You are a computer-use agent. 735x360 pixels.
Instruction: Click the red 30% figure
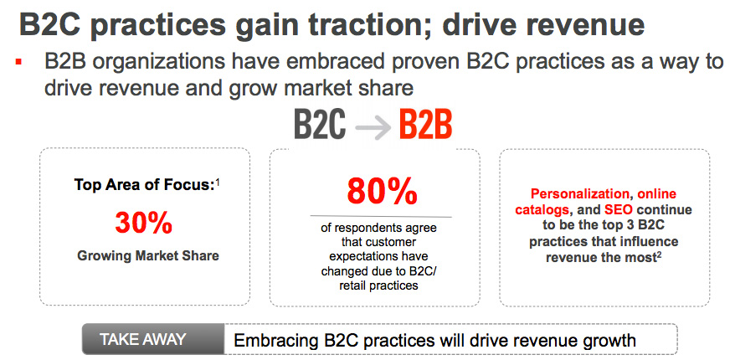(143, 224)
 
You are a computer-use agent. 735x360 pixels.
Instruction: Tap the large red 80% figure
(381, 190)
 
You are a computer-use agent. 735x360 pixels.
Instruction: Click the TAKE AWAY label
(142, 339)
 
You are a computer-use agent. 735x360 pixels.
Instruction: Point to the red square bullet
(19, 61)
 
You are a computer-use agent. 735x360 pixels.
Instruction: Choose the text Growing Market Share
(148, 256)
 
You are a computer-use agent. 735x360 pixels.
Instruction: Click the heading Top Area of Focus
(144, 185)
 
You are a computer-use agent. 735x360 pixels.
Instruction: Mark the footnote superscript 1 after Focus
(218, 181)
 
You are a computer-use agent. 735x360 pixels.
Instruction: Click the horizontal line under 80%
(381, 217)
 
